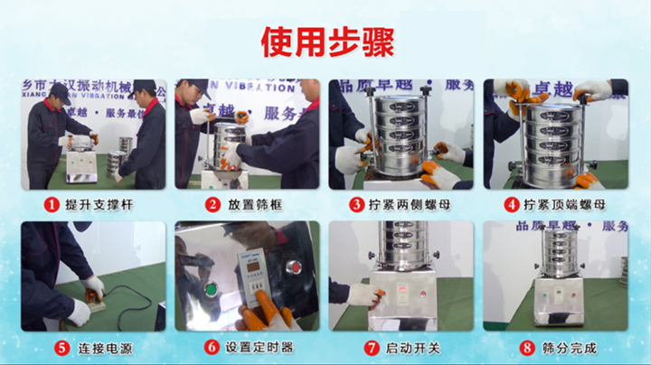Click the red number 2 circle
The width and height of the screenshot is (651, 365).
pyautogui.click(x=212, y=205)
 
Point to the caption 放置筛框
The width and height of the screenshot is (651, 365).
pyautogui.click(x=252, y=205)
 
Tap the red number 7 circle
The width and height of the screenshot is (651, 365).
pyautogui.click(x=370, y=347)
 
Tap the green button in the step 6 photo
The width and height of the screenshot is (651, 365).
pyautogui.click(x=212, y=290)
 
